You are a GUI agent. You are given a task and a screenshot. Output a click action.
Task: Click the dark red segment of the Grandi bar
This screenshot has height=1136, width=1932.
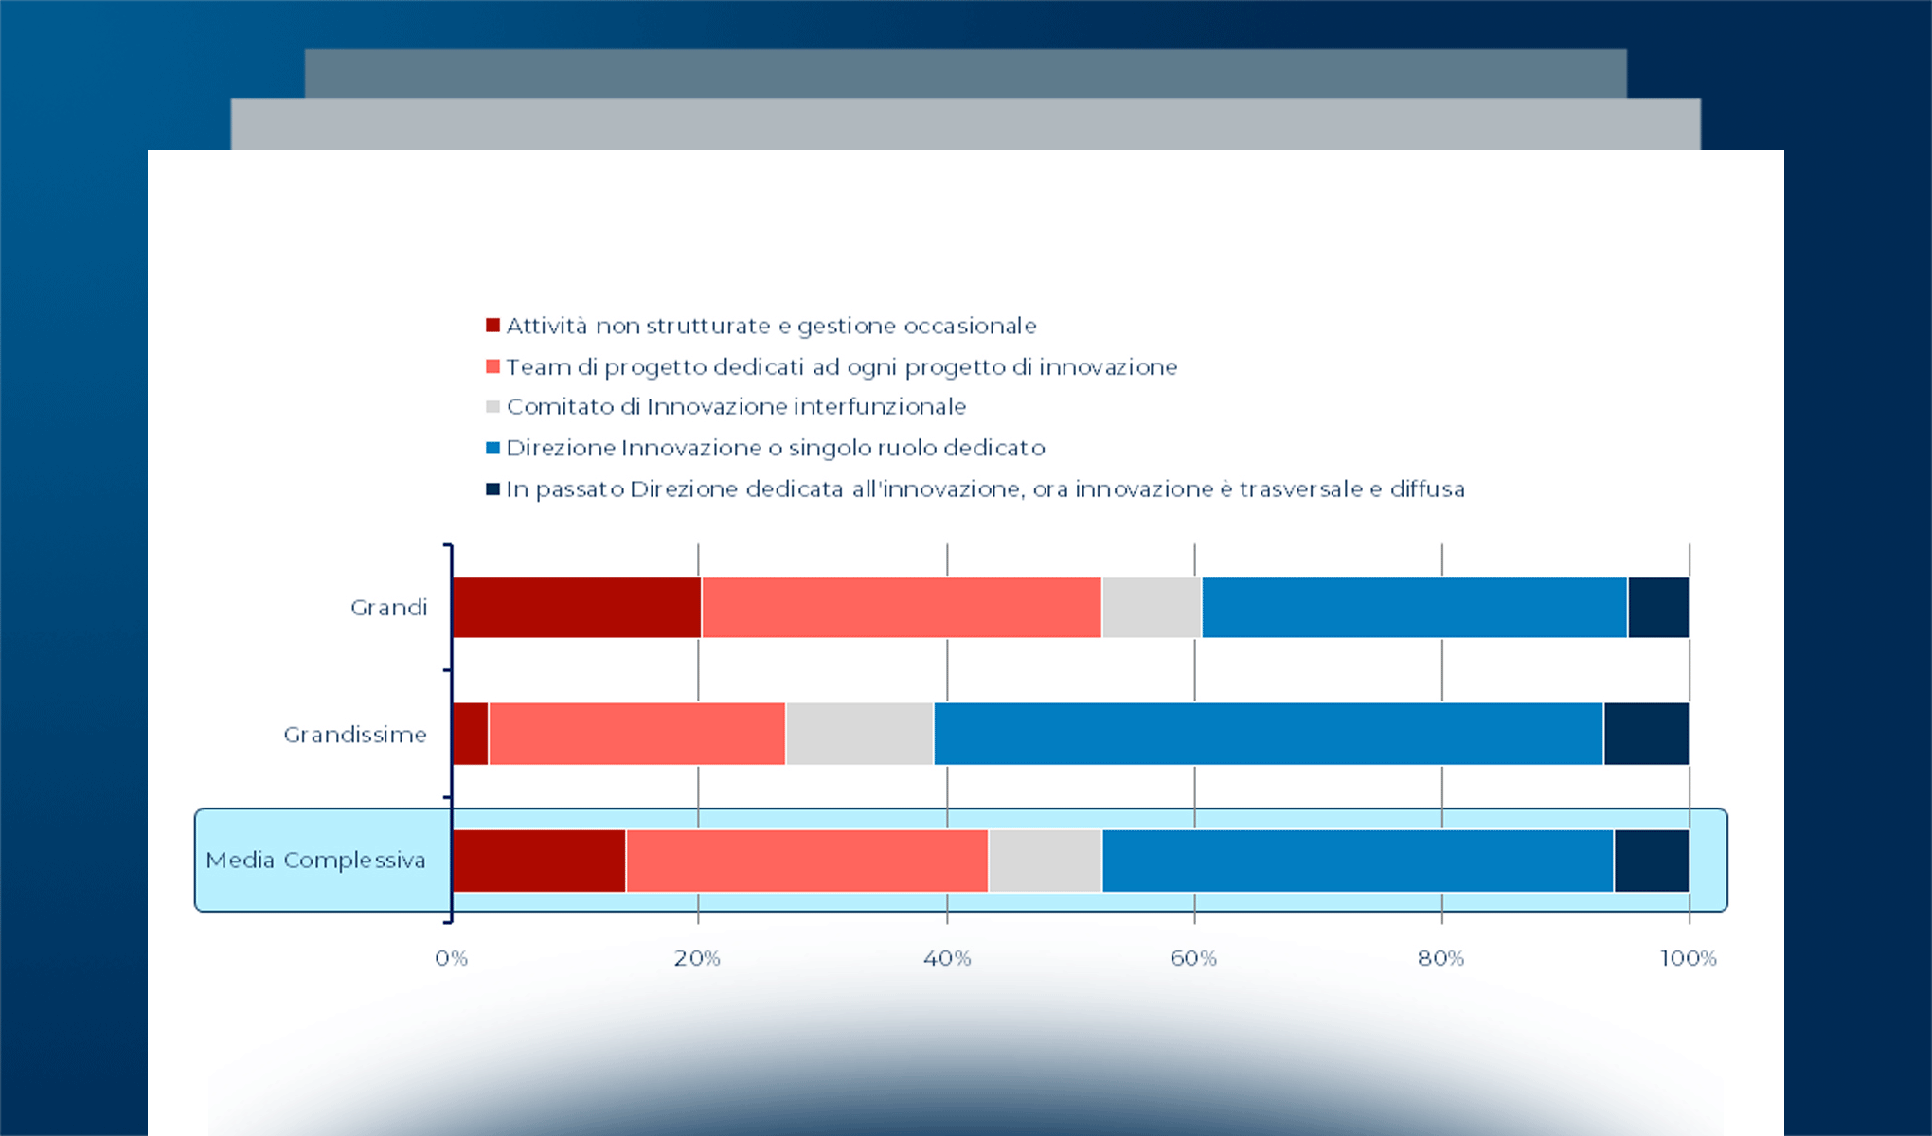577,607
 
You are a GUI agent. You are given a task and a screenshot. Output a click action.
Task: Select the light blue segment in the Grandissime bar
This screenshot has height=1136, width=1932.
1268,734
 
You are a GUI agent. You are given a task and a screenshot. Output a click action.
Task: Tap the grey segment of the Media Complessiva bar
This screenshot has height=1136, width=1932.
1045,861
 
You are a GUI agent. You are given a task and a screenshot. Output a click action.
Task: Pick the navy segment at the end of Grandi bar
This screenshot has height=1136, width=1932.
1657,607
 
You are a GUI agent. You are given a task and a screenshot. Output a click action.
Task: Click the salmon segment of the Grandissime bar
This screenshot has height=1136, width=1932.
636,734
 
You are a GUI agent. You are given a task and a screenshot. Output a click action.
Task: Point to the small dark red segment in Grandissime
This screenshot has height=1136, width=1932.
471,734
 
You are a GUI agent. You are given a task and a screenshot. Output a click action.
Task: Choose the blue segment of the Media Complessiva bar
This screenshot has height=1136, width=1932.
1357,861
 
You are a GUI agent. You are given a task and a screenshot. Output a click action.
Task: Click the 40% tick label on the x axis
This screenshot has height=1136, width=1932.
947,958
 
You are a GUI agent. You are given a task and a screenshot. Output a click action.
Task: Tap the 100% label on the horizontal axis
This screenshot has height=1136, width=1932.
1688,958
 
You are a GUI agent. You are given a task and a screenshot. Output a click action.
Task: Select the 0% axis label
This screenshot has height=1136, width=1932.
452,958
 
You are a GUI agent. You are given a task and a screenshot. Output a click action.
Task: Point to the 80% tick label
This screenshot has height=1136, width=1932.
1440,958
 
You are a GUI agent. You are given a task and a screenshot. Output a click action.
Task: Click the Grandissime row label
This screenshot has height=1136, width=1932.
355,735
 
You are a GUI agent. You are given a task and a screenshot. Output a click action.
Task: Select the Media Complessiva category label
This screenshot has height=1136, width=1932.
315,861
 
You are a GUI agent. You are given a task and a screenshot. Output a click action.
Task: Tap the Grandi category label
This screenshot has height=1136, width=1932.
388,608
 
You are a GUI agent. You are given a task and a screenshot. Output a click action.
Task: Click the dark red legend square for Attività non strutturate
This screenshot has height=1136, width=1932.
492,326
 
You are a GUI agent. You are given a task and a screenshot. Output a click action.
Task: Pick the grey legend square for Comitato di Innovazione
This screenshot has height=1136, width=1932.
492,407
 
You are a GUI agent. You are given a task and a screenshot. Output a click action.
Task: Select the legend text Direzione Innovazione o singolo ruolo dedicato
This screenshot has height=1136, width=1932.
775,448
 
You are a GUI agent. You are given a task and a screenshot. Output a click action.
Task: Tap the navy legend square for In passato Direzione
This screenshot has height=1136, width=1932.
492,489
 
